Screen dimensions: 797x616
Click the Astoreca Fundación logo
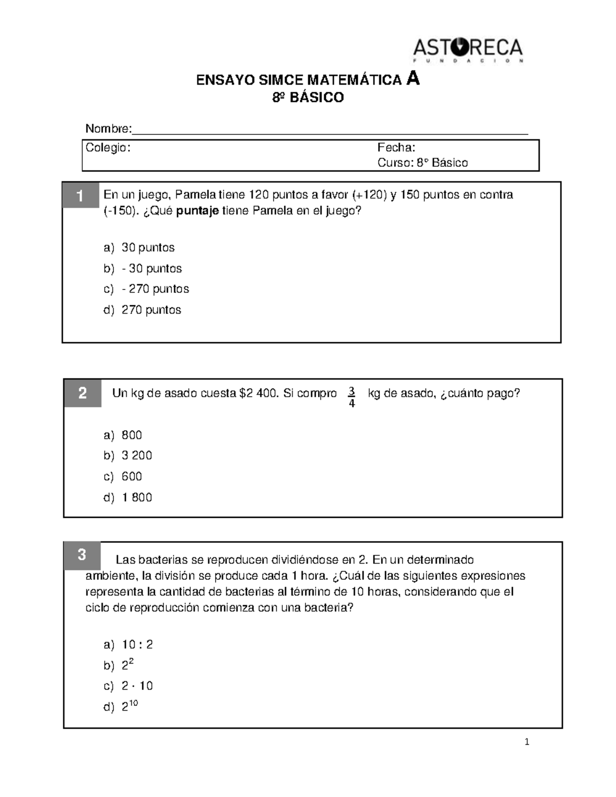pos(468,50)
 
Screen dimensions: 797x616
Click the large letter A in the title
pos(412,79)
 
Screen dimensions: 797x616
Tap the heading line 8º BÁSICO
pos(307,98)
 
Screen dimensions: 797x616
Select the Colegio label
pos(108,148)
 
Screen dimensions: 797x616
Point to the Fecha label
pos(396,148)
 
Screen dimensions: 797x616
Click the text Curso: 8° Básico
pos(422,163)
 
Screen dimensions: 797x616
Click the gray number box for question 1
pos(81,196)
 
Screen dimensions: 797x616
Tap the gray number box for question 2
pos(83,393)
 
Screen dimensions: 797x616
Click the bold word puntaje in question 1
pos(198,211)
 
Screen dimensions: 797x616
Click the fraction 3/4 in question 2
pos(352,397)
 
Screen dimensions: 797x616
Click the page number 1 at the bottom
pos(527,742)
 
